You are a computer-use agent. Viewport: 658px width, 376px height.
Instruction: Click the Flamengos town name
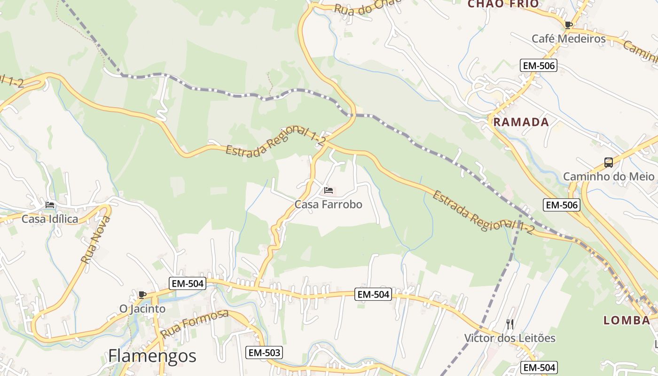click(152, 356)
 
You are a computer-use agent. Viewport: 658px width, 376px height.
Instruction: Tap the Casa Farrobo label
click(329, 204)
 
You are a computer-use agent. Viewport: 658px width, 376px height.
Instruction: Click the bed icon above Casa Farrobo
click(329, 190)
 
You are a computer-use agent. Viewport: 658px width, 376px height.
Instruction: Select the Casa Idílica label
click(50, 219)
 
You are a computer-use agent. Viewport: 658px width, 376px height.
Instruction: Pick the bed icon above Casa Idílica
click(50, 205)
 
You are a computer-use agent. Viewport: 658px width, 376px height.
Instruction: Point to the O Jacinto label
click(142, 309)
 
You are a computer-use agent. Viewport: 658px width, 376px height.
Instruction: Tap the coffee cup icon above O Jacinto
click(142, 295)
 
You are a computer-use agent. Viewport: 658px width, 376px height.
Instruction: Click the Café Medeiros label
click(569, 39)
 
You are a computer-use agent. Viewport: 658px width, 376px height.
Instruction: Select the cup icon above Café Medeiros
click(569, 25)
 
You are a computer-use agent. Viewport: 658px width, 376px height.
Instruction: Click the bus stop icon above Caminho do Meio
click(609, 163)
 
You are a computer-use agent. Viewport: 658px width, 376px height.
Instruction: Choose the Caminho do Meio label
click(609, 177)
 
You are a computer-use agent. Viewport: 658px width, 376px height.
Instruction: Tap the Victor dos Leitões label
click(510, 338)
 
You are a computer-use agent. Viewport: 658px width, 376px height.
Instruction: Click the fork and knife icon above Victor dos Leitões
click(510, 324)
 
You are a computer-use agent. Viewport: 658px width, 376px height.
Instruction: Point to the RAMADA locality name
click(521, 122)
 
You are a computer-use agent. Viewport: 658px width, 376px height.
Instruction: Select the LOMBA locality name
click(627, 321)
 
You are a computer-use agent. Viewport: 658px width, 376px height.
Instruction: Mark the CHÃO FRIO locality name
click(503, 4)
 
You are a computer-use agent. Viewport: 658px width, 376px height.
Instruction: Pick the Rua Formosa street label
click(194, 324)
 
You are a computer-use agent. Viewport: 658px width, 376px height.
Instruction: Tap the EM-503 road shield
click(264, 352)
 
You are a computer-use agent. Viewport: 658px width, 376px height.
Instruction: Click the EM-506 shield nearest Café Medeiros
click(539, 66)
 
